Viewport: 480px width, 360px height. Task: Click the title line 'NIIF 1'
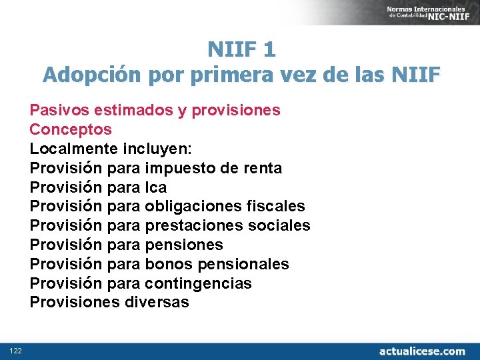(x=241, y=49)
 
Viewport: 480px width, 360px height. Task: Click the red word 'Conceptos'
(x=71, y=129)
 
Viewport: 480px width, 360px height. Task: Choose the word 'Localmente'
(x=74, y=149)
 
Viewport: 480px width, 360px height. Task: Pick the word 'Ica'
(x=155, y=187)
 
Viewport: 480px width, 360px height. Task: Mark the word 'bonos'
(x=166, y=265)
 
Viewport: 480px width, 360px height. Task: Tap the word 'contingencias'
(x=198, y=284)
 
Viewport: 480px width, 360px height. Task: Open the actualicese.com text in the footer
(x=422, y=351)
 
